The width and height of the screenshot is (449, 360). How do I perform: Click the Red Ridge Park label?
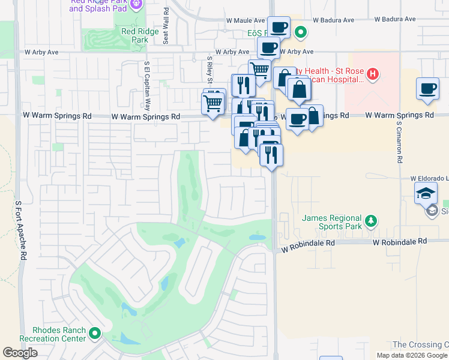[x=140, y=35]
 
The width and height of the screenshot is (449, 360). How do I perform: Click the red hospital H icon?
[x=373, y=74]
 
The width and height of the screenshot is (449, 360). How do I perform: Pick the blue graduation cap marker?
[x=426, y=194]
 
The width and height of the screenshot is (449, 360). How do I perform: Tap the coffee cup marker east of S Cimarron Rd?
[x=427, y=89]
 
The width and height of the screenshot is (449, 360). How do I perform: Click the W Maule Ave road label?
[x=246, y=20]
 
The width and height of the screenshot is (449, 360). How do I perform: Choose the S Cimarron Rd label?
[x=399, y=143]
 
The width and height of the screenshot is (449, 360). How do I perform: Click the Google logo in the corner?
[x=20, y=353]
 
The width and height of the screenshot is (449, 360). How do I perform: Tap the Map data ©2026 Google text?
[x=412, y=355]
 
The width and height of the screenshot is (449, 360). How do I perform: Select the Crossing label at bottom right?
[x=420, y=344]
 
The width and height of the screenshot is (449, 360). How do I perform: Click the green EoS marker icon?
[x=301, y=33]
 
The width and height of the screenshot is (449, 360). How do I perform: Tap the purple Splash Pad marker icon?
[x=136, y=4]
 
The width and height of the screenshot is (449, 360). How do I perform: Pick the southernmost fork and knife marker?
[x=271, y=155]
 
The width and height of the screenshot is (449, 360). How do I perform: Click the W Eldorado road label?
[x=429, y=178]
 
